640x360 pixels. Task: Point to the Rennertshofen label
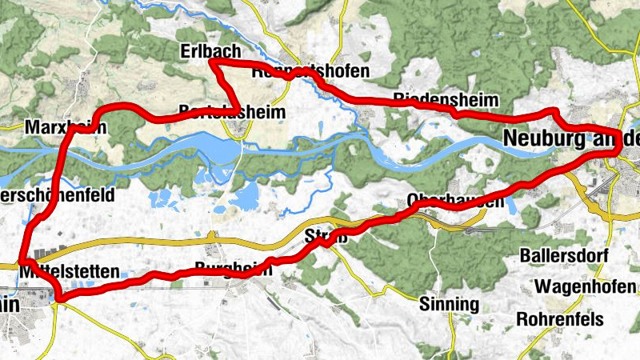click(x=310, y=71)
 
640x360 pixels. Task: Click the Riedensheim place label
click(x=446, y=100)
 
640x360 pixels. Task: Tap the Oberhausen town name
click(x=455, y=201)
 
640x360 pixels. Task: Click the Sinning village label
click(x=449, y=304)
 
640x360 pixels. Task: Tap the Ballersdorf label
click(x=568, y=256)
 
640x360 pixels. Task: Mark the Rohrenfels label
click(x=564, y=318)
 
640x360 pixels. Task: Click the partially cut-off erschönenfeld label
click(x=58, y=194)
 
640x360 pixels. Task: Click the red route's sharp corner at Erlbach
click(x=210, y=62)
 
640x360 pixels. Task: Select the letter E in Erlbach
click(x=185, y=51)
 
